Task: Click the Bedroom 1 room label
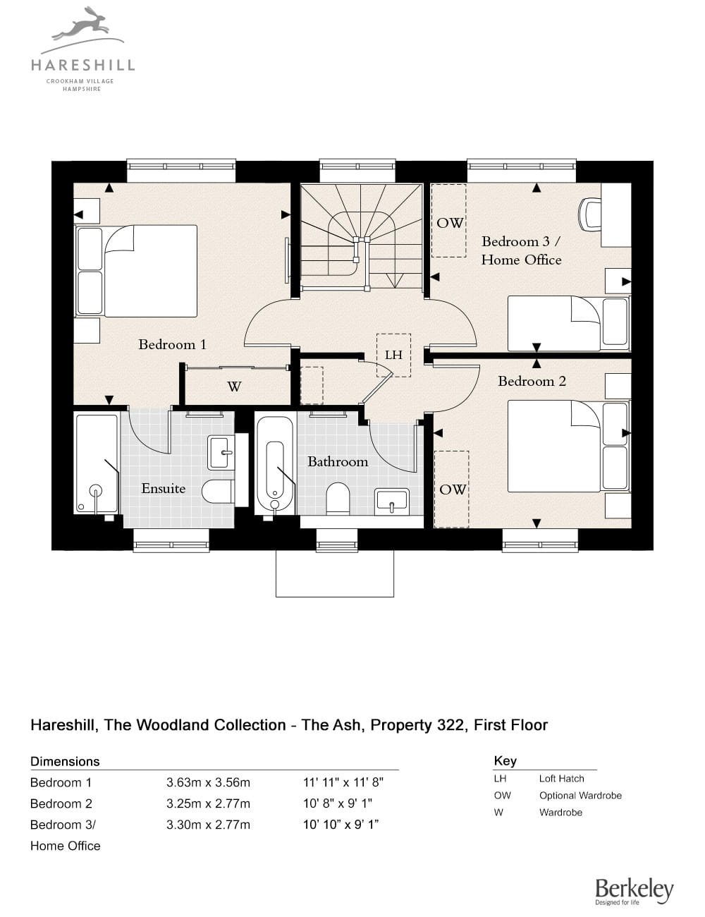coord(172,344)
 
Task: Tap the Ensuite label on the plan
coord(163,488)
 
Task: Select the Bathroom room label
coord(338,461)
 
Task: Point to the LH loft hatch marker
coord(393,355)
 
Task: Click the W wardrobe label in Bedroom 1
coord(235,386)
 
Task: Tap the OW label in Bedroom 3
coord(450,223)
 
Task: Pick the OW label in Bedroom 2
coord(453,490)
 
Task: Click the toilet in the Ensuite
coord(217,491)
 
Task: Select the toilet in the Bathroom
coord(338,499)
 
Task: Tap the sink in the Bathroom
coord(392,502)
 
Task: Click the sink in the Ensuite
coord(221,454)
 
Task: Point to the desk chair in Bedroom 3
coord(589,214)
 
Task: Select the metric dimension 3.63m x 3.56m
coord(208,783)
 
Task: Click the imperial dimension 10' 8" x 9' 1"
coord(338,803)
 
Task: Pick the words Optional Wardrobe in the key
coord(580,796)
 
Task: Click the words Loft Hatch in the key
coord(562,779)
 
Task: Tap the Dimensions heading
coord(65,761)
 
